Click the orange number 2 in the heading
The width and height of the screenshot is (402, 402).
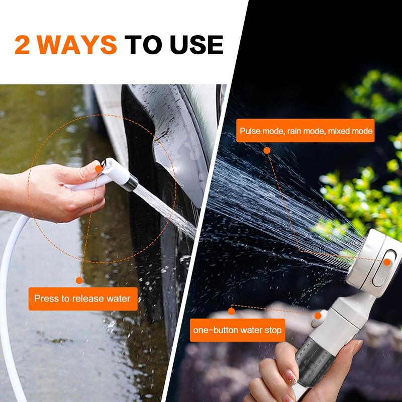tap(22, 45)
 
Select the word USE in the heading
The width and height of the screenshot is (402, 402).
tap(196, 45)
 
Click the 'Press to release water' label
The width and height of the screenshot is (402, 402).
tap(83, 298)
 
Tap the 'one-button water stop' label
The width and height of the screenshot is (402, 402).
tap(237, 330)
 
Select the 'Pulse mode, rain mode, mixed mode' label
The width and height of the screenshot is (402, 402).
tap(306, 131)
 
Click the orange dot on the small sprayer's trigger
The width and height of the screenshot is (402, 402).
tap(98, 169)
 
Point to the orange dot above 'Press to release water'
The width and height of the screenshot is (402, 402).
tap(79, 280)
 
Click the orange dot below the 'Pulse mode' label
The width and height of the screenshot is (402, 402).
tap(267, 150)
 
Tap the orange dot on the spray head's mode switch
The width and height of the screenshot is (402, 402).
tap(387, 262)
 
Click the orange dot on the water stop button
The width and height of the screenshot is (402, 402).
tap(318, 316)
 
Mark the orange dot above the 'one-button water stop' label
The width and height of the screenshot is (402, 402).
tap(231, 311)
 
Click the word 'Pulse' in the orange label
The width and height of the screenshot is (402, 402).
tap(249, 131)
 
